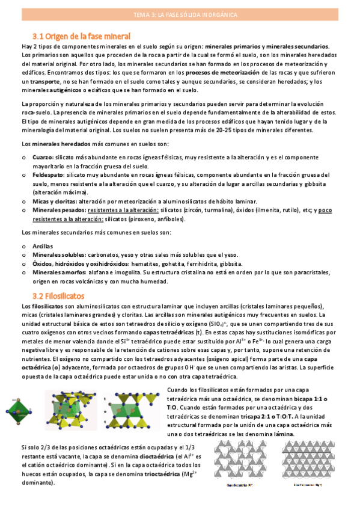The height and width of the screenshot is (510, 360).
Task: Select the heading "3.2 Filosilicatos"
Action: (x=59, y=296)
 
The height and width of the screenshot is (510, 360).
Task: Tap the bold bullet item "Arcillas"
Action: (x=43, y=246)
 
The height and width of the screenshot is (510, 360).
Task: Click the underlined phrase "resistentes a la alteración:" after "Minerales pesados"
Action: (x=123, y=210)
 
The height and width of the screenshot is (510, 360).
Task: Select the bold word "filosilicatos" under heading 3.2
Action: (x=48, y=307)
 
